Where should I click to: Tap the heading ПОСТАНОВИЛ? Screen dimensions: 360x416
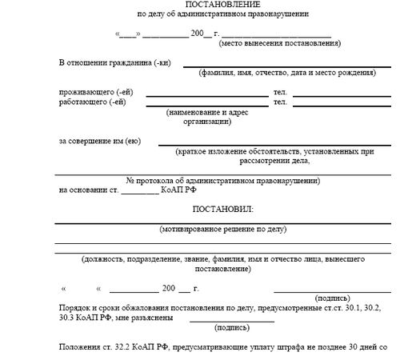tap(222, 209)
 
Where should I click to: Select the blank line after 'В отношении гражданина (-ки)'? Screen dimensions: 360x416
tap(286, 64)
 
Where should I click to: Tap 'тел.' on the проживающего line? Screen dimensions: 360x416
tap(280, 92)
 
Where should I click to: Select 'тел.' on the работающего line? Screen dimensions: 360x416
tap(280, 102)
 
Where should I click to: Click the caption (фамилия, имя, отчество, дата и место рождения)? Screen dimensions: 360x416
tap(286, 73)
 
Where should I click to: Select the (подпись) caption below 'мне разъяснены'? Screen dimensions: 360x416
tap(232, 327)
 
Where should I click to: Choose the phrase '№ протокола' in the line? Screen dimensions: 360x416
tap(148, 180)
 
